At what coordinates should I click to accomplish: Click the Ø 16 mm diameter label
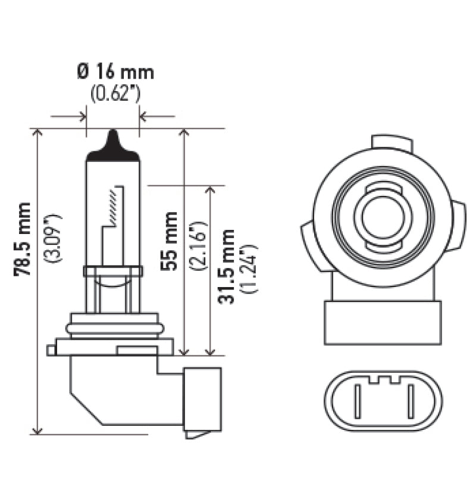pyautogui.click(x=115, y=73)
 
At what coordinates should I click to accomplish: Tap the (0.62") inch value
pyautogui.click(x=115, y=93)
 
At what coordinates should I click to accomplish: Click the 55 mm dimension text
pyautogui.click(x=170, y=241)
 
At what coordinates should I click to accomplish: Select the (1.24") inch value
pyautogui.click(x=249, y=268)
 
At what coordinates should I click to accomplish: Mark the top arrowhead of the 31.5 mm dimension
pyautogui.click(x=209, y=190)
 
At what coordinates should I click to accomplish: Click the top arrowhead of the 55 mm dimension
pyautogui.click(x=184, y=133)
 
